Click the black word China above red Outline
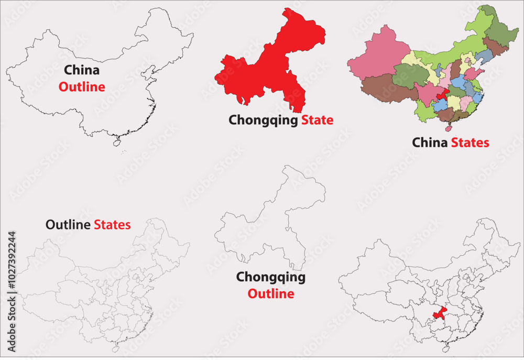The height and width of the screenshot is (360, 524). [x=81, y=70]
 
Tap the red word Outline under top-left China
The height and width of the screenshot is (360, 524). [x=81, y=87]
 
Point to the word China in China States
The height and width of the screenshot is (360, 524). [x=430, y=142]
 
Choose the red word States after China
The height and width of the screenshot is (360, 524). [x=470, y=142]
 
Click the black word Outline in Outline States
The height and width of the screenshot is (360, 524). [x=69, y=225]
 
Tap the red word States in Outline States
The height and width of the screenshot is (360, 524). [x=112, y=225]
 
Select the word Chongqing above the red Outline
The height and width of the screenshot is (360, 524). [x=270, y=277]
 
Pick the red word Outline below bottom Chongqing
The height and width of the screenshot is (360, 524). [x=270, y=294]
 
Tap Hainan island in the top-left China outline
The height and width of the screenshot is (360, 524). [x=116, y=141]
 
